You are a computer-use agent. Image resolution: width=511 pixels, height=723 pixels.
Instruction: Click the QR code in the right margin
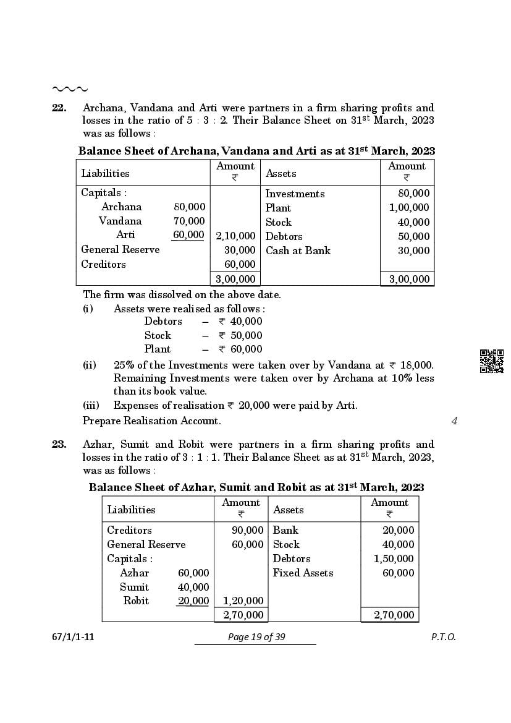click(491, 361)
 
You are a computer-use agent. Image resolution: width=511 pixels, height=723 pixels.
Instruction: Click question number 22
click(59, 108)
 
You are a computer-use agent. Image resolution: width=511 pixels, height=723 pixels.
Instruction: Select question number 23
click(59, 444)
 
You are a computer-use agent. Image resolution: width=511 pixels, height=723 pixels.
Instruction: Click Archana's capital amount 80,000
click(189, 207)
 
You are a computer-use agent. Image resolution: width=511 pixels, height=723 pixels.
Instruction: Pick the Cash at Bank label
click(298, 250)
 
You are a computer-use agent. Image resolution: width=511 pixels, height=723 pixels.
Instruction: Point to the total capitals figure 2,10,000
click(235, 236)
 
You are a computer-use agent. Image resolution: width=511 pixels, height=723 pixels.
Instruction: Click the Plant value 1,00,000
click(409, 208)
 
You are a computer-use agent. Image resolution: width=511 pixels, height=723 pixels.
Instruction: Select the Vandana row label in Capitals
click(120, 221)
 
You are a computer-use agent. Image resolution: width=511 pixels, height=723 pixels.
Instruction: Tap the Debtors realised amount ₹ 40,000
click(240, 321)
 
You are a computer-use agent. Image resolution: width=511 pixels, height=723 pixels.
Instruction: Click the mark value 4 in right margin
click(454, 421)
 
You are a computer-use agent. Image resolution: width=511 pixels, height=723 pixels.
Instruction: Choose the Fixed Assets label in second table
click(303, 573)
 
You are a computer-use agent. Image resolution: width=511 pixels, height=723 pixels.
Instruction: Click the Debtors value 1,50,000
click(394, 558)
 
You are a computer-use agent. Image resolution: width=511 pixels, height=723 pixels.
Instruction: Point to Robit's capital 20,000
click(193, 601)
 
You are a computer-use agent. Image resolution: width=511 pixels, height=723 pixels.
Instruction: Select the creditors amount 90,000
click(247, 530)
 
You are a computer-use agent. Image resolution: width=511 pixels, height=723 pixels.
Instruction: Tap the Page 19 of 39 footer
click(255, 637)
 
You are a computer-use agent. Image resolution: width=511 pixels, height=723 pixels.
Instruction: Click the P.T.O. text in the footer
click(443, 637)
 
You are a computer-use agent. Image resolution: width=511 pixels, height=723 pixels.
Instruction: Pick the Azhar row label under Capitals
click(134, 573)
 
